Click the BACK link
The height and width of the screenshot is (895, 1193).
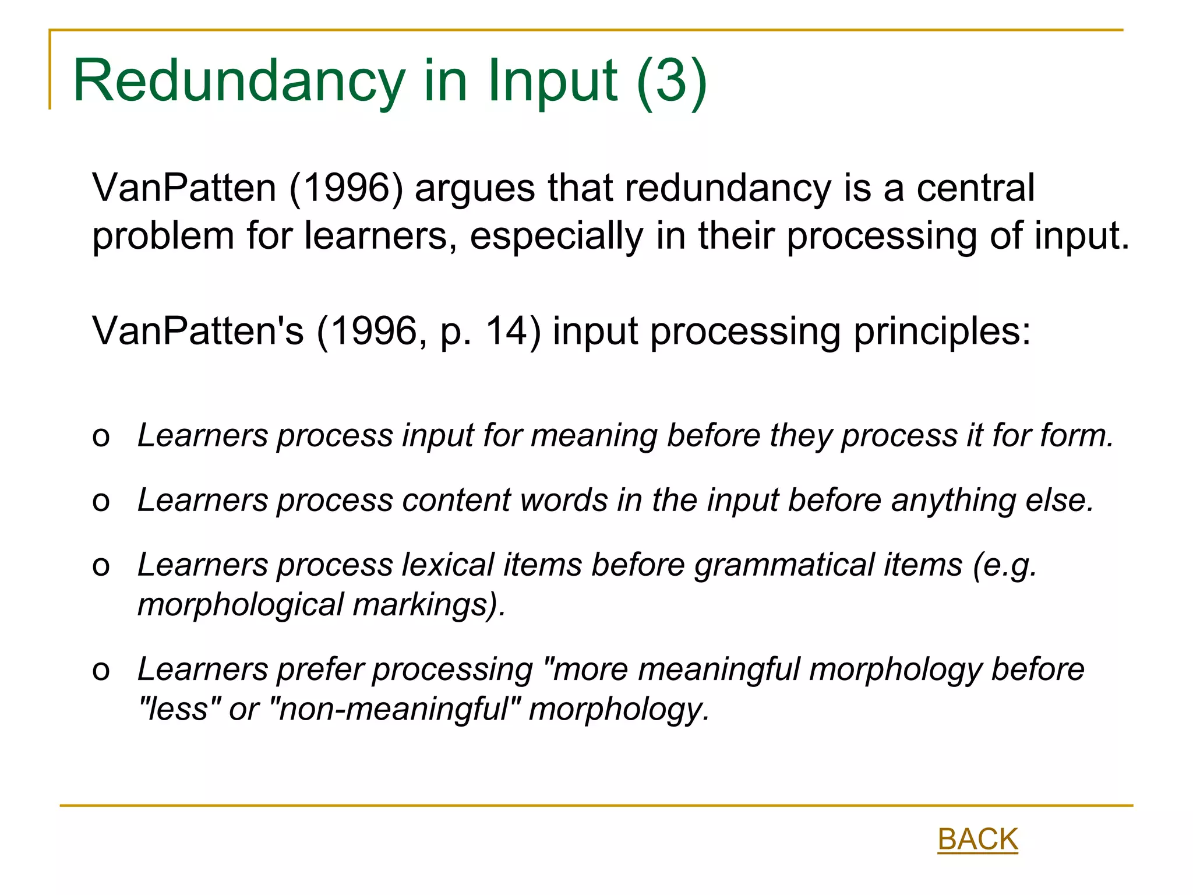[x=977, y=839]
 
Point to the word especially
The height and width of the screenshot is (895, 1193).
[x=557, y=236]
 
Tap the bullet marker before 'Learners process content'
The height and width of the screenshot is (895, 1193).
[x=101, y=502]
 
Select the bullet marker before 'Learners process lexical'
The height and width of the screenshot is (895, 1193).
[x=101, y=566]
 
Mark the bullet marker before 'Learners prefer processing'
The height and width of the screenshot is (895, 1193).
[x=101, y=671]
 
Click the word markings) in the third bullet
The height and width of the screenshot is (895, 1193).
[x=429, y=604]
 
